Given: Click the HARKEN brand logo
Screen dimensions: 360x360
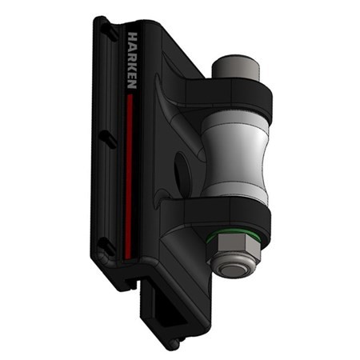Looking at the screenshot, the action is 133,61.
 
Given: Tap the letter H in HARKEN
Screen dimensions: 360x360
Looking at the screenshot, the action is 133,37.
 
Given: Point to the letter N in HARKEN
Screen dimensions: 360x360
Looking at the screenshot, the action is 133,84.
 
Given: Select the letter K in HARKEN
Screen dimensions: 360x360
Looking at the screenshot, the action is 133,65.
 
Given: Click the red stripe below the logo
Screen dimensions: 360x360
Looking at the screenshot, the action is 129,176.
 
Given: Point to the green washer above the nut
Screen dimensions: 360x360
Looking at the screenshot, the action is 234,234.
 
